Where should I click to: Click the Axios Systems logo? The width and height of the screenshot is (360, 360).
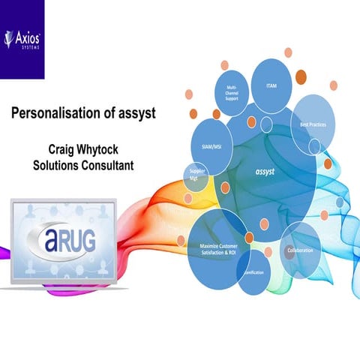(22, 38)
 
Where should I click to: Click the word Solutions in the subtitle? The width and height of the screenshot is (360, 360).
(52, 164)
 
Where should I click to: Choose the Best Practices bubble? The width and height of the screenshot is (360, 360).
(313, 124)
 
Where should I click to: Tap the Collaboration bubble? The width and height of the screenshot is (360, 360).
(299, 250)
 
